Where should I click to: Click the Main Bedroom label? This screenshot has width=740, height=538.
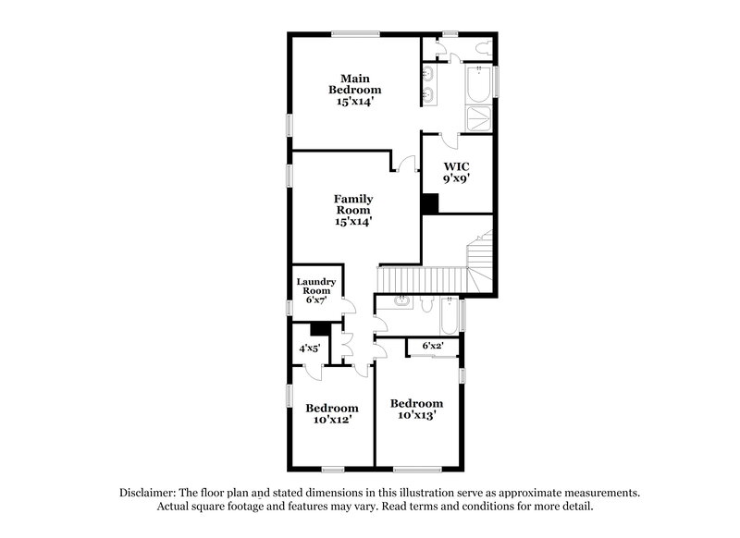tap(355, 90)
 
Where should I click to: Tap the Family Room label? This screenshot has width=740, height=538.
tap(353, 210)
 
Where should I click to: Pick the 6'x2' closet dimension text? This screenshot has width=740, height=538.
tap(433, 346)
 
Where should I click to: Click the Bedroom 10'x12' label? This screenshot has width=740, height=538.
tap(332, 413)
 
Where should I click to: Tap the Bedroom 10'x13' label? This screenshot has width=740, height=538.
tap(416, 409)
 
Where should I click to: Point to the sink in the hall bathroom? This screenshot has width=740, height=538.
tap(403, 301)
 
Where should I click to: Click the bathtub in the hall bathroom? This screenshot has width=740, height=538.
tap(450, 316)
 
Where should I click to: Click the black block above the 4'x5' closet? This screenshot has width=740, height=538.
tap(320, 327)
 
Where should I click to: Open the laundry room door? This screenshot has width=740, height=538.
tap(348, 307)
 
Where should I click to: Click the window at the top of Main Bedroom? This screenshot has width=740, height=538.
tap(355, 35)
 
